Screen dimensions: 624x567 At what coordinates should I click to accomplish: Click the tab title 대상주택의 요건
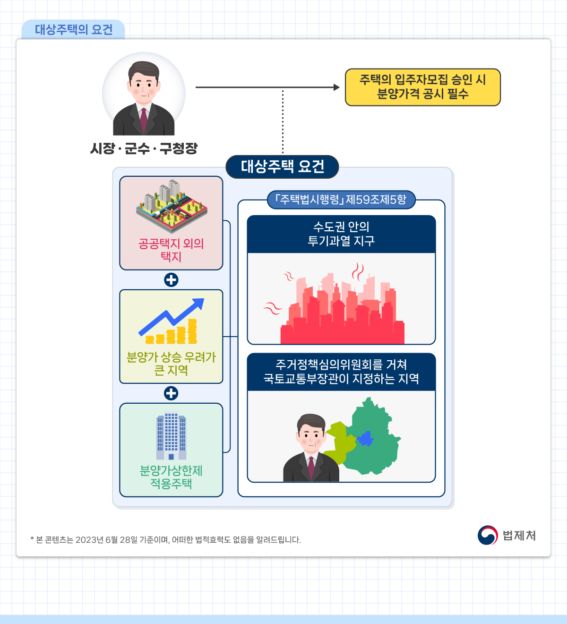point(74,30)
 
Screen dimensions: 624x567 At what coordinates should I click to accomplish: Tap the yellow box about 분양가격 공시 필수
point(422,87)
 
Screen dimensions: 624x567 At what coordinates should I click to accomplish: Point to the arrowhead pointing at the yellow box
point(336,87)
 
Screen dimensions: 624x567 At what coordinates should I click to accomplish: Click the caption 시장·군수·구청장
point(144,148)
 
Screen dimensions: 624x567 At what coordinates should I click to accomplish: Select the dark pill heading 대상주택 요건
point(282,166)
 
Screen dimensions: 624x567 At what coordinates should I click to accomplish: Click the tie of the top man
point(144,120)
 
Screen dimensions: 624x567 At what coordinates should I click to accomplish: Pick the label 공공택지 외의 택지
point(171,250)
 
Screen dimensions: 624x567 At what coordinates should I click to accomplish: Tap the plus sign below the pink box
point(171,280)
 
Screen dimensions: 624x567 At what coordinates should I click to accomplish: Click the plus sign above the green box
point(171,393)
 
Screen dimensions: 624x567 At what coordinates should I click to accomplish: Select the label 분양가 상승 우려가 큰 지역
point(171,364)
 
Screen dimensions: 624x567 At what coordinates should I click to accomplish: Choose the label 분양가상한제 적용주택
point(171,477)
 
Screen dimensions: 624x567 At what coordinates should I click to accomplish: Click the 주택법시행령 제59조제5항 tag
point(341,199)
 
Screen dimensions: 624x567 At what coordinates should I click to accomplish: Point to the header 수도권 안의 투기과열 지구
point(341,234)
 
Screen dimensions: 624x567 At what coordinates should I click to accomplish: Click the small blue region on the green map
point(365,439)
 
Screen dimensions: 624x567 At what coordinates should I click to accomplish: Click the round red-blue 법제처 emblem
point(488,536)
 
